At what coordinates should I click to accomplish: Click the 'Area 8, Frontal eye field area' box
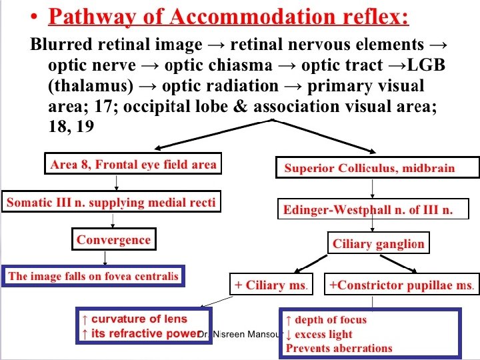(x=133, y=165)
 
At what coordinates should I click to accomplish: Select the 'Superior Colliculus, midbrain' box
(x=377, y=168)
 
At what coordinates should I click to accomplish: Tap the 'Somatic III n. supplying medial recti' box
(x=111, y=202)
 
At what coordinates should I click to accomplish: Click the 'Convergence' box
(x=113, y=239)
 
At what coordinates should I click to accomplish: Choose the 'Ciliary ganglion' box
(x=378, y=243)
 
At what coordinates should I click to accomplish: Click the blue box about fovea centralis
(x=93, y=276)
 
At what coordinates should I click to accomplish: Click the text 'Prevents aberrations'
(x=339, y=348)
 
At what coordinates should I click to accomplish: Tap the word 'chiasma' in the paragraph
(x=249, y=65)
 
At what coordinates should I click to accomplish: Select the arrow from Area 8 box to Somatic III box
(x=117, y=183)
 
